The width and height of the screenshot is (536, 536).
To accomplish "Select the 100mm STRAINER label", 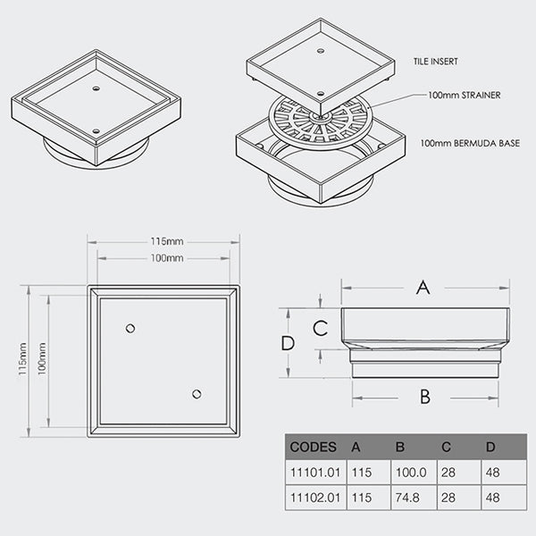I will click(x=464, y=95).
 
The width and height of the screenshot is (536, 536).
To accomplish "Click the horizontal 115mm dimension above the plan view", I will click(x=163, y=241).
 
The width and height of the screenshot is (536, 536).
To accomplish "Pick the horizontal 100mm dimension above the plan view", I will click(x=163, y=258).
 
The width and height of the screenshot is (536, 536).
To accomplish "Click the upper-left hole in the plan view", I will click(x=131, y=329).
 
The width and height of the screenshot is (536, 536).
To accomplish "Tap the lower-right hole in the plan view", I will click(x=197, y=394).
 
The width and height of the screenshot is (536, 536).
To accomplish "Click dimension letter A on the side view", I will click(x=424, y=287).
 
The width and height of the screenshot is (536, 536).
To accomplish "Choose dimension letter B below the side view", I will click(x=425, y=396).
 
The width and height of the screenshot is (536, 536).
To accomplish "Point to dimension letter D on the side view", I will click(x=287, y=343).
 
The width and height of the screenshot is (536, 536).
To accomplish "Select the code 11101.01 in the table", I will click(x=313, y=472).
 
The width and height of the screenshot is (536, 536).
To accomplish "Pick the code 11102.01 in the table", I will click(x=313, y=497).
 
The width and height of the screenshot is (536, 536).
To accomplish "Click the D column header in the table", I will click(x=490, y=447).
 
